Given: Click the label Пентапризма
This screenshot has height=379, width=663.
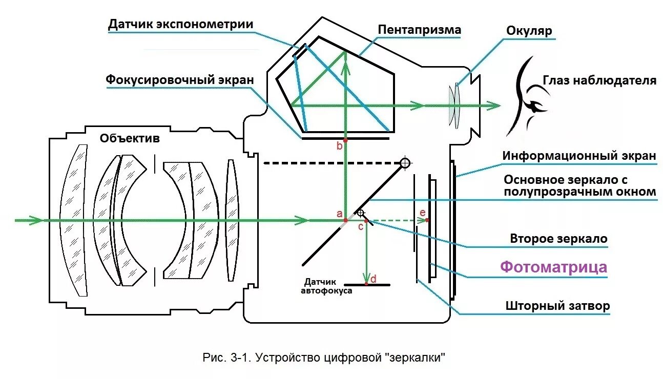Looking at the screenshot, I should coord(419,30).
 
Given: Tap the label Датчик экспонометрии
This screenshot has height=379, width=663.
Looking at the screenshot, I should coord(180,25).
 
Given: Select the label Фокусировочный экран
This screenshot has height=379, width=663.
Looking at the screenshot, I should coord(179,80).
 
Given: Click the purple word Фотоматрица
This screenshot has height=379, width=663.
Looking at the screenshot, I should coord(553,267).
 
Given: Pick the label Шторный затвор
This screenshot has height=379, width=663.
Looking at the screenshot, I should coord(557,306).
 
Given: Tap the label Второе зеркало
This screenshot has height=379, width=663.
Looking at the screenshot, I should coord(558,239).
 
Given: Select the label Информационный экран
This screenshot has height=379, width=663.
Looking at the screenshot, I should coord(579,156).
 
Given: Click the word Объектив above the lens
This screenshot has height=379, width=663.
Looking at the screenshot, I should coord(130,138).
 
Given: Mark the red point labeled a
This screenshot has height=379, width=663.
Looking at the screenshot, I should coord(346,220).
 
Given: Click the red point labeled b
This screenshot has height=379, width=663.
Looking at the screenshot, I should coord(346,139).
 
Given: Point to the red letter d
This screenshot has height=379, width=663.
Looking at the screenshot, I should coord(374,279).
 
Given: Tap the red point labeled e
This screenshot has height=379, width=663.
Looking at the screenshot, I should coord(427,220).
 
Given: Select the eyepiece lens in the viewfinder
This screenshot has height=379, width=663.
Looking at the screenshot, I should coord(453,105).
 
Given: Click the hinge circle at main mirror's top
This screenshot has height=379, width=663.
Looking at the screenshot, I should coord(405,163).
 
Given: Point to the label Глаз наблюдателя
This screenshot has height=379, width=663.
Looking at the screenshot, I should coord(599,80).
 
